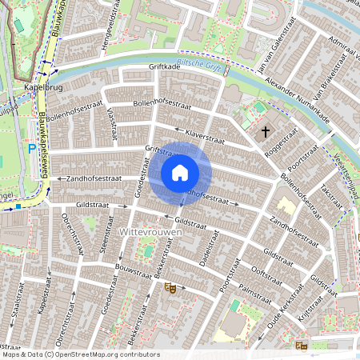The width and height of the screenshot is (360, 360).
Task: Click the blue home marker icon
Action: pyautogui.click(x=180, y=172)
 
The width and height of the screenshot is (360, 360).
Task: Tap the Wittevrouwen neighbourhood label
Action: pyautogui.click(x=150, y=231)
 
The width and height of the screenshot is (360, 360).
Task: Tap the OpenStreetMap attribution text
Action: pyautogui.click(x=80, y=354)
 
